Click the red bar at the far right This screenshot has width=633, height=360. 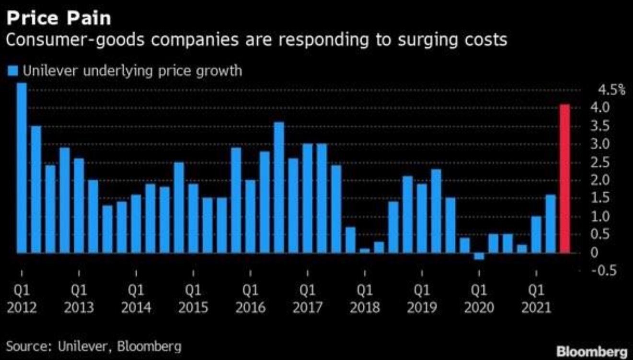565,178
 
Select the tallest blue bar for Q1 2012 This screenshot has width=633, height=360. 22,168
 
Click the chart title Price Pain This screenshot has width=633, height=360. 59,19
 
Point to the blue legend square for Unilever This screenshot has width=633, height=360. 13,71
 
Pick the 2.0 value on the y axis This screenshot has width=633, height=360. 610,180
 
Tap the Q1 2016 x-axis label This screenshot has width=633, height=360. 250,299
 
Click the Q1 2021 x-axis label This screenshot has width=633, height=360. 536,299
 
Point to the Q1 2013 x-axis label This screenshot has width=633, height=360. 79,299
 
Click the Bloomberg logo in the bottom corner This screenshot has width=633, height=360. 592,351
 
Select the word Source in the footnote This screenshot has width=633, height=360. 26,346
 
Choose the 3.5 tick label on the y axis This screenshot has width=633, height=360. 610,126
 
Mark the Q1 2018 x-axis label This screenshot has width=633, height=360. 365,299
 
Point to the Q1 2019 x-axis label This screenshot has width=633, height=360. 422,299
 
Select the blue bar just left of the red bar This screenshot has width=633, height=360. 551,223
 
